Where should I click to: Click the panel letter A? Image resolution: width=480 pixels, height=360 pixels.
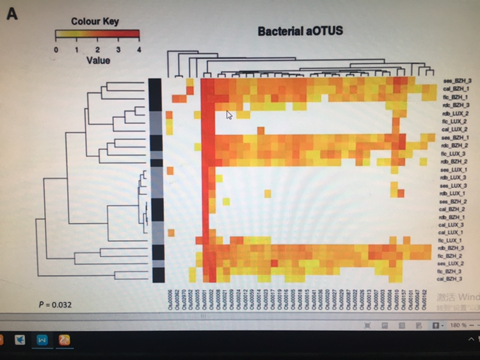point(12,13)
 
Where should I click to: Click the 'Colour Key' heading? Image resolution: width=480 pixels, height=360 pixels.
point(95,21)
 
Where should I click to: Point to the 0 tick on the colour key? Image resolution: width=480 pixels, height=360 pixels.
point(56,49)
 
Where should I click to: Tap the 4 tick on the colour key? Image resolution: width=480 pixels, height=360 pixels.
point(138,49)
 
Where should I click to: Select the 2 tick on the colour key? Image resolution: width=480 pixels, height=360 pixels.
point(97,49)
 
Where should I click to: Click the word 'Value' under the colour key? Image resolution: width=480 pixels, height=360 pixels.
point(98,60)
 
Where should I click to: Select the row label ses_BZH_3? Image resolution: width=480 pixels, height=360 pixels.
point(456,81)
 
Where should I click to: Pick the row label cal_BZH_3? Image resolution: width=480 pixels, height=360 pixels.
point(449,279)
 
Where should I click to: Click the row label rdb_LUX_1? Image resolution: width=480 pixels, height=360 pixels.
point(452,193)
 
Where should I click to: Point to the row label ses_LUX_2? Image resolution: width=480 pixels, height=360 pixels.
point(451,263)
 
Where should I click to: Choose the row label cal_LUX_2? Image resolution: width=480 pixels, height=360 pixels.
point(454,129)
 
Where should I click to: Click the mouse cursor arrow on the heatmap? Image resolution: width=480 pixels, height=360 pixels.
point(230,115)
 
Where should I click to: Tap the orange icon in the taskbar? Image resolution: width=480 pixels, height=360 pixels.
point(65,340)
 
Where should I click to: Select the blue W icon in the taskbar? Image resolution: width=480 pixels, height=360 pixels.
point(42,340)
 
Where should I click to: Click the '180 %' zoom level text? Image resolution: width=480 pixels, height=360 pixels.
point(458,326)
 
